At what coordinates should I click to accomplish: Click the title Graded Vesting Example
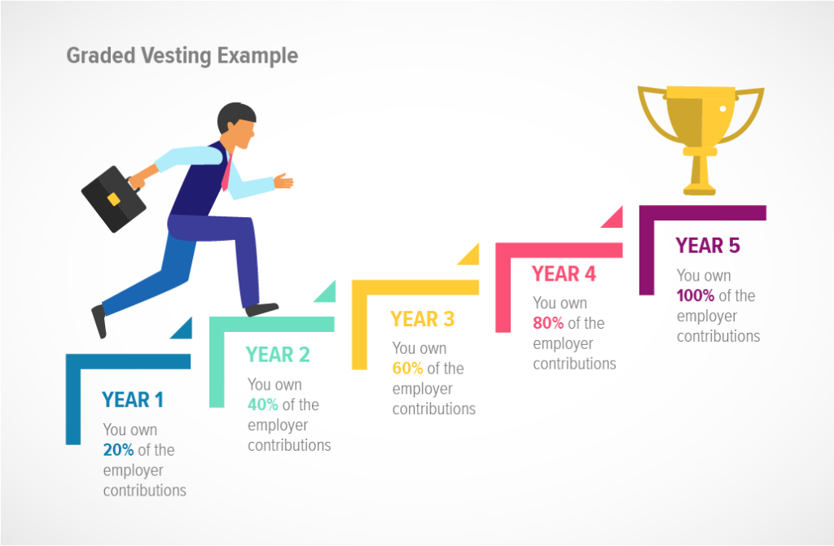182,55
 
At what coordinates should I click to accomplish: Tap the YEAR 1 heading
133,400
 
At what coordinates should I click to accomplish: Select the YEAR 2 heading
278,355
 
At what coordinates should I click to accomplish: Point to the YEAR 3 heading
422,319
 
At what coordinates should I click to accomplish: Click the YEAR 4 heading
564,274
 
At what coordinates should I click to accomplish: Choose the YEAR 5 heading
708,246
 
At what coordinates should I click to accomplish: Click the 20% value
119,450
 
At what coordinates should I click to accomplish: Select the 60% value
408,369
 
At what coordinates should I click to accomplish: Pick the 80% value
549,323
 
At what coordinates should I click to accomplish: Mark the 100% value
695,295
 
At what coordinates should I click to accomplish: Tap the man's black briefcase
113,199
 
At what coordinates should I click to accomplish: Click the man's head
237,126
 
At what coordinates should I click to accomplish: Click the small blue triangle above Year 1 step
183,330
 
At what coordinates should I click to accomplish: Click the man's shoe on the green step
262,309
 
